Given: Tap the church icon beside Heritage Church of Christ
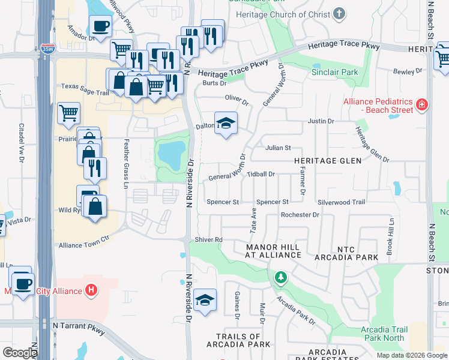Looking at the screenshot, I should (x=340, y=13).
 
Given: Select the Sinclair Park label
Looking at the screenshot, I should (x=334, y=72).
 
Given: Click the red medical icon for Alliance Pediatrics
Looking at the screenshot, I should (x=422, y=105).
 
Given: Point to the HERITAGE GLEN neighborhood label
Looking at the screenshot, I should (x=327, y=161).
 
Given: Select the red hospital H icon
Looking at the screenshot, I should (x=91, y=291).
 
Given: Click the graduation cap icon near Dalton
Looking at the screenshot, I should (x=226, y=124).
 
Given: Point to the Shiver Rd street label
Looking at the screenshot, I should (x=209, y=239).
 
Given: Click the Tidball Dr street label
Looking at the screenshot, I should (x=261, y=174).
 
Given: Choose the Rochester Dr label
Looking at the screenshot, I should (x=300, y=214).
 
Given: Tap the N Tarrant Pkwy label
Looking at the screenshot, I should (x=79, y=326).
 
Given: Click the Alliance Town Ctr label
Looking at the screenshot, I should (x=84, y=245).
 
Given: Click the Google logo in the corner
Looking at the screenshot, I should (x=20, y=353).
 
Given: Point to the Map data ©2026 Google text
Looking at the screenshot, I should (x=411, y=355).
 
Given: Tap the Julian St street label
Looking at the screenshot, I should (x=278, y=148).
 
